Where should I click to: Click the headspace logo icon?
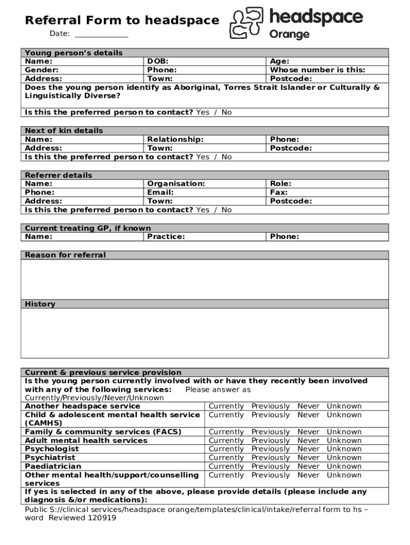pyautogui.click(x=247, y=24)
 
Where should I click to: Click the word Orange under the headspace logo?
pyautogui.click(x=289, y=35)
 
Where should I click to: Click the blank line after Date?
pyautogui.click(x=101, y=34)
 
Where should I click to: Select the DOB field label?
pyautogui.click(x=158, y=61)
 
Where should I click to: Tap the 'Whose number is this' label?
pyautogui.click(x=318, y=70)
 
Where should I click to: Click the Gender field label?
pyautogui.click(x=42, y=70)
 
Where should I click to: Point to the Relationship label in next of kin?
pyautogui.click(x=175, y=139)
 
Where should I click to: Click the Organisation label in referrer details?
pyautogui.click(x=176, y=184)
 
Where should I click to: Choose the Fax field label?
pyautogui.click(x=279, y=192)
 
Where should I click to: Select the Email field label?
pyautogui.click(x=160, y=192)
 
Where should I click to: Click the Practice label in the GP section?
pyautogui.click(x=166, y=237)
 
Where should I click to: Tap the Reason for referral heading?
pyautogui.click(x=65, y=255)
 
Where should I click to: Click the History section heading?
pyautogui.click(x=40, y=304)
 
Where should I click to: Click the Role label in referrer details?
pyautogui.click(x=281, y=184)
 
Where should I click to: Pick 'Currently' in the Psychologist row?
pyautogui.click(x=226, y=449)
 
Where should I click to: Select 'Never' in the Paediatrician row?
pyautogui.click(x=308, y=466)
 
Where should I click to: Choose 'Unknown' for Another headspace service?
pyautogui.click(x=344, y=406)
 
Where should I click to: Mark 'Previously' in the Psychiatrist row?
pyautogui.click(x=270, y=458)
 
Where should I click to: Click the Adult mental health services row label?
pyautogui.click(x=86, y=441)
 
